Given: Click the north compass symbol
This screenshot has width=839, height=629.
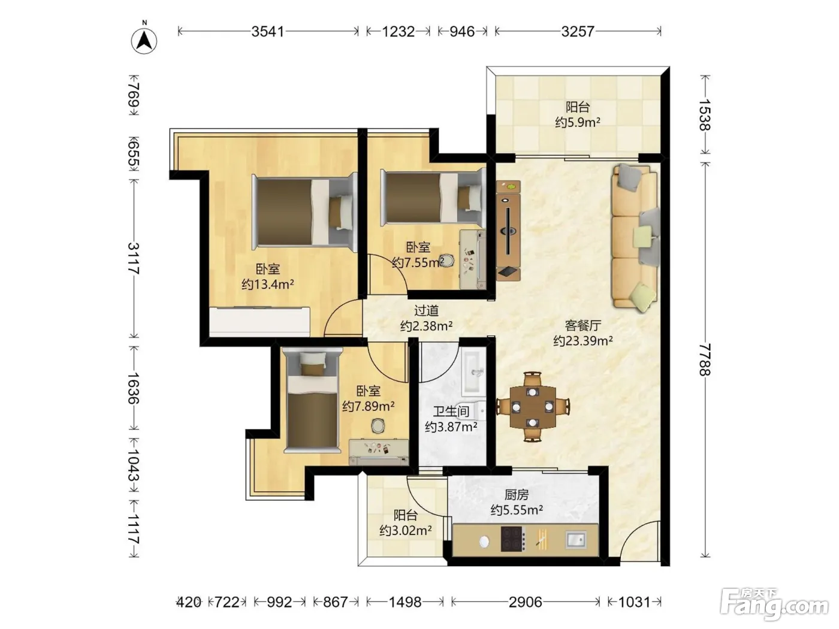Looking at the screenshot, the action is coord(144,40).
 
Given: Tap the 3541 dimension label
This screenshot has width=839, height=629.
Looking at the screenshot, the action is coord(267,31).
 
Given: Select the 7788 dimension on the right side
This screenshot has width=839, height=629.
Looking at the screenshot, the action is coord(705,359).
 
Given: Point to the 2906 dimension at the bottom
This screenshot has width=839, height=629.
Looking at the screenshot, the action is coord(525,602).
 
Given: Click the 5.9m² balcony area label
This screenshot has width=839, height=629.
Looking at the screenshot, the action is coord(578,122).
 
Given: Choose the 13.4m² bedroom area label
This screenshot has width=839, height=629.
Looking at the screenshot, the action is coord(267,284).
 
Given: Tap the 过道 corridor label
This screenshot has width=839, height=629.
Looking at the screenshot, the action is coord(426,310).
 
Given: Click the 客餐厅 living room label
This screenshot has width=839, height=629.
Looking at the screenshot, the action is coord(583,325).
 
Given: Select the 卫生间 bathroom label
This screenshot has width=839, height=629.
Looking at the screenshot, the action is coord(451,412).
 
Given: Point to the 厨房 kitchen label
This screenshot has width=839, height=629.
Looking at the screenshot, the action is coord(517,495).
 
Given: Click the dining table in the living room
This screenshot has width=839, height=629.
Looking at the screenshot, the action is coord(533,407).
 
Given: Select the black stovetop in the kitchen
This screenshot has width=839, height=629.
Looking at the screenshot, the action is coord(513,539).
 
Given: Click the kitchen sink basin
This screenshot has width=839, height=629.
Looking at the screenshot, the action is coord(576,539).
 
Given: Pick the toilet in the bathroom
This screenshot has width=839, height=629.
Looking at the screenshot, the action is coord(477,412).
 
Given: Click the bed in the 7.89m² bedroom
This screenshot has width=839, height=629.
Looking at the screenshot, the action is coord(312,402).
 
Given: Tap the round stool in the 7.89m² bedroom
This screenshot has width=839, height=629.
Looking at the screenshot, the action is coord(378,426).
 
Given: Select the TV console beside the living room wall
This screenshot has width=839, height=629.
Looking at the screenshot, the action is coord(508,231).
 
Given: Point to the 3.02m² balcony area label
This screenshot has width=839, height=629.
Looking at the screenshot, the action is coord(406,531).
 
